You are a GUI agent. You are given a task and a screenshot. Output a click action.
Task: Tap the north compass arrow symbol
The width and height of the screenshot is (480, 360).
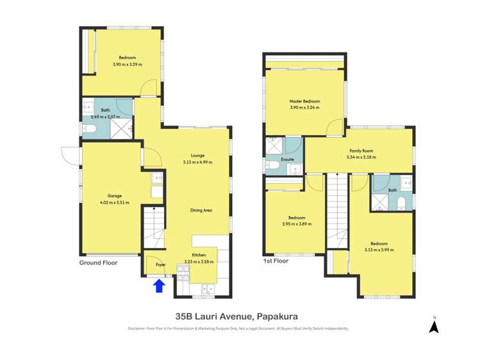tap(433, 327)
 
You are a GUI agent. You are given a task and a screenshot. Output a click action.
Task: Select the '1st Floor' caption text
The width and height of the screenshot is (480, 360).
tap(276, 261)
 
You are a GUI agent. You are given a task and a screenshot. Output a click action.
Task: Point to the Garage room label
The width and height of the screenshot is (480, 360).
tap(114, 196)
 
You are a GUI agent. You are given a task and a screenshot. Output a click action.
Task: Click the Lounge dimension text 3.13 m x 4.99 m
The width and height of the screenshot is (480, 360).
tap(197, 162)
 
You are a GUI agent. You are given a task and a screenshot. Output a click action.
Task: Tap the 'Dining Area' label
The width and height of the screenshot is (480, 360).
tap(201, 210)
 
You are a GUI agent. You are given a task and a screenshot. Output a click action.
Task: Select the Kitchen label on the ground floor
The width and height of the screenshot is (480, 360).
tap(199, 255)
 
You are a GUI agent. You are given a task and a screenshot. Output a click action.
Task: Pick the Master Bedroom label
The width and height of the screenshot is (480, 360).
tap(304, 101)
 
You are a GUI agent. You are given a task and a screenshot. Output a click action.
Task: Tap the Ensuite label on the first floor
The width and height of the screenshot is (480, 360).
tap(288, 160)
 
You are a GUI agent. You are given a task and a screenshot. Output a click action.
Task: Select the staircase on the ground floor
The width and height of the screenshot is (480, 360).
tap(153, 227)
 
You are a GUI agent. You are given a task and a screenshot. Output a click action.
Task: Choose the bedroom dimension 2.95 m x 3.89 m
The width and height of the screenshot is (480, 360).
tap(297, 224)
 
